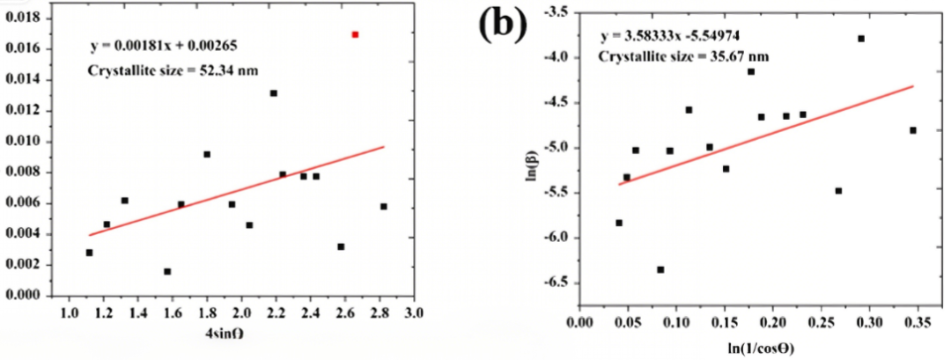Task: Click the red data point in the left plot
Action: (355, 34)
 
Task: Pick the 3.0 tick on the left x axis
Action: (415, 313)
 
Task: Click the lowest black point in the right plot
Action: (660, 269)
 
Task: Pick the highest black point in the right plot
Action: (861, 39)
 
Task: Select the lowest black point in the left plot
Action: (167, 271)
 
